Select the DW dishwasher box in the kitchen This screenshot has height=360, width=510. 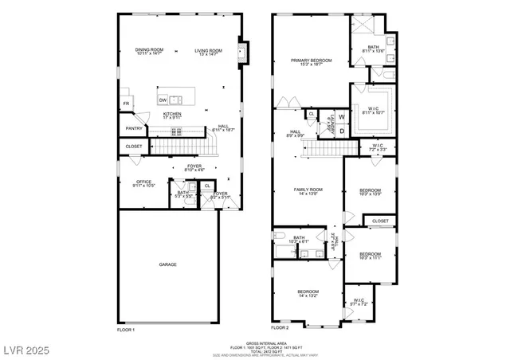tap(163, 100)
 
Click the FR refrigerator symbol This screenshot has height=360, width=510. tap(126, 104)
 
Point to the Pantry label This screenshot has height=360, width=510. tap(133, 128)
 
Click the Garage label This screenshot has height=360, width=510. tap(167, 264)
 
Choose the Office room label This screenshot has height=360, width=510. tap(143, 183)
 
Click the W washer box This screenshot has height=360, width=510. tap(342, 117)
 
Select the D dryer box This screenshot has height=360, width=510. tap(342, 131)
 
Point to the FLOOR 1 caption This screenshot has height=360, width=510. tap(126, 328)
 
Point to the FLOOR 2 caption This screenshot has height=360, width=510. tap(280, 328)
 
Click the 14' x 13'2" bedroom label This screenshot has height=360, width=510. tap(308, 294)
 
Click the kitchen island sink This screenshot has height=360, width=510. tap(176, 100)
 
